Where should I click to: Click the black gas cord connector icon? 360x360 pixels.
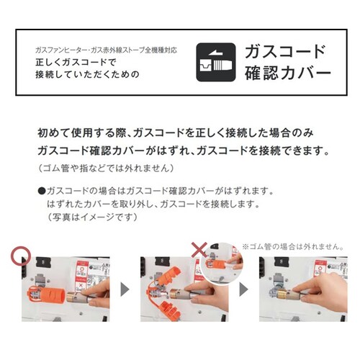click(x=216, y=62)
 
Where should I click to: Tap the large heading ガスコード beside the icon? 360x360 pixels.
click(x=285, y=52)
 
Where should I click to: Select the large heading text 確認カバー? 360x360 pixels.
click(x=288, y=73)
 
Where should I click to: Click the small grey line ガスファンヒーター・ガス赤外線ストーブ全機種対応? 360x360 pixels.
click(x=107, y=50)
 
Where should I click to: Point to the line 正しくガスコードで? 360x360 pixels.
click(x=76, y=62)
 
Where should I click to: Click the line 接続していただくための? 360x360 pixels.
click(x=87, y=74)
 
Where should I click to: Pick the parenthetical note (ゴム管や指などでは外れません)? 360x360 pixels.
click(x=106, y=168)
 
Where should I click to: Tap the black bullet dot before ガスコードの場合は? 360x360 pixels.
click(x=42, y=192)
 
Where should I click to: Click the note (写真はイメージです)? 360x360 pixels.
click(x=93, y=217)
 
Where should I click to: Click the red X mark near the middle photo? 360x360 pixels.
click(x=199, y=250)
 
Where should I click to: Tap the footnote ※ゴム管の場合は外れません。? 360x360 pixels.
click(x=293, y=247)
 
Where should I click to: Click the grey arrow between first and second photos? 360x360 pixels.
click(x=125, y=289)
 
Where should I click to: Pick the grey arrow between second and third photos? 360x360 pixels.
click(x=243, y=289)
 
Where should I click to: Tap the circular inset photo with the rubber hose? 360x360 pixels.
click(x=222, y=263)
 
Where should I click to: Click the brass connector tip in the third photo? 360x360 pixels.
click(x=283, y=294)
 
